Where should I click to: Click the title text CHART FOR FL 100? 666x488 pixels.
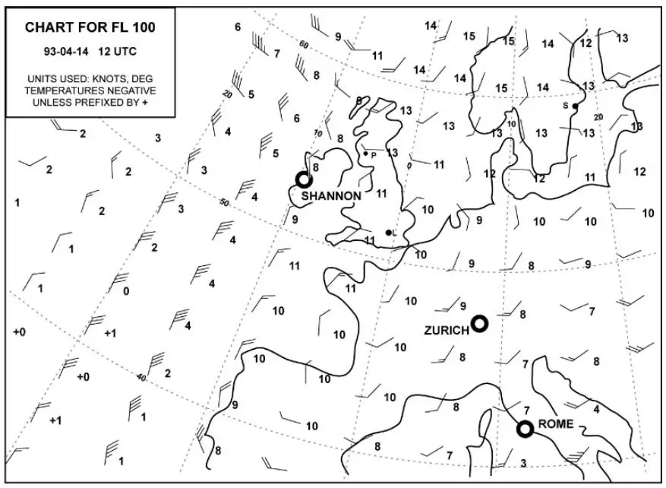(90, 27)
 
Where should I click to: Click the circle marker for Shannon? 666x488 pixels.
(304, 179)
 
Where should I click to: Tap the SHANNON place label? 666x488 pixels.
(331, 195)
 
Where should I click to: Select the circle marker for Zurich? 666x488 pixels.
(479, 324)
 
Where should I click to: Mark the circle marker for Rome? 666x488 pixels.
(524, 429)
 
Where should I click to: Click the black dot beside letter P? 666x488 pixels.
(366, 153)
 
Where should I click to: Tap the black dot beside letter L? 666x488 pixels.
(388, 233)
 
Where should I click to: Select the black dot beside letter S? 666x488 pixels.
(576, 106)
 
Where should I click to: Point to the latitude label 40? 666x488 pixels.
(141, 377)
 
